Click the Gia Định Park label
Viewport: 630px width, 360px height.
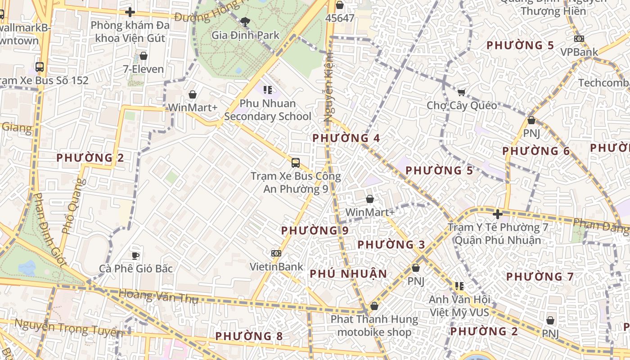[245, 35]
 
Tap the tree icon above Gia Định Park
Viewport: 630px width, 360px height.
[245, 21]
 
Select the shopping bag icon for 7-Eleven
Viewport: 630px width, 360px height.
[144, 56]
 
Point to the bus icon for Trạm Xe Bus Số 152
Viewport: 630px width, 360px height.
[40, 67]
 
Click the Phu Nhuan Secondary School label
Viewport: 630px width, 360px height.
[268, 110]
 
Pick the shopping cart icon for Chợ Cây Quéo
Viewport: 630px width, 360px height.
[461, 92]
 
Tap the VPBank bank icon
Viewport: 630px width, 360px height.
[579, 39]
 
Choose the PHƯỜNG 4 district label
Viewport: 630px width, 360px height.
[346, 138]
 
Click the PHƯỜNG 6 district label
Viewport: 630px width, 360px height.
[536, 151]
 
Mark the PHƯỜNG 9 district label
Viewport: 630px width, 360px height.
[315, 230]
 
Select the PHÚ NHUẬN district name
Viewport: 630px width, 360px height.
[348, 274]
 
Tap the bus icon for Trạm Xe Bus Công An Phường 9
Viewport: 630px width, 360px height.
[296, 162]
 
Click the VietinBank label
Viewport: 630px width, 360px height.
[277, 266]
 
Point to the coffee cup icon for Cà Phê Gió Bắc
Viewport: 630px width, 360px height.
[135, 256]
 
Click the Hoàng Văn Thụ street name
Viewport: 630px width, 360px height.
[158, 297]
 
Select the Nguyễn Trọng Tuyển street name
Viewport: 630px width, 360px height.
[68, 328]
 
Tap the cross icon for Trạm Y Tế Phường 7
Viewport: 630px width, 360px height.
[497, 214]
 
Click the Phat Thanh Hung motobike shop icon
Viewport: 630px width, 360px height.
[374, 306]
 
